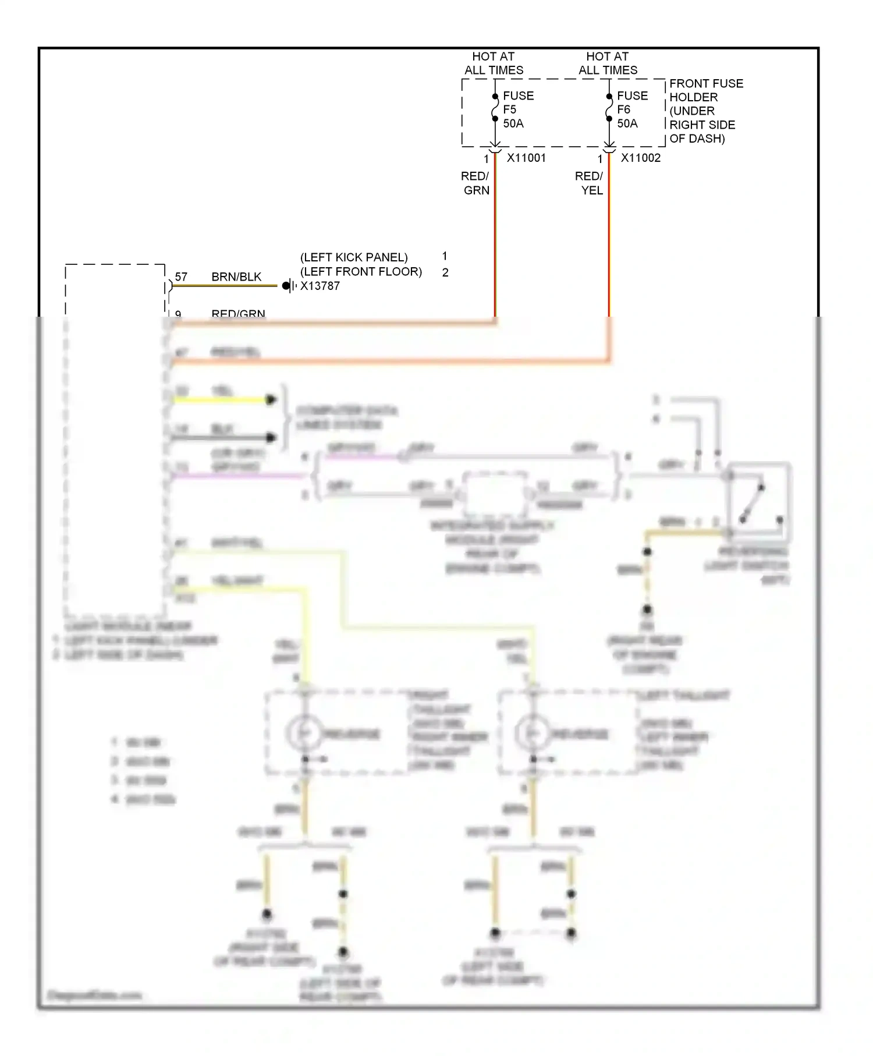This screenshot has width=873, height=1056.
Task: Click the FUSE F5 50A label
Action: click(x=517, y=109)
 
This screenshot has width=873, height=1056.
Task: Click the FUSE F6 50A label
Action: click(x=631, y=109)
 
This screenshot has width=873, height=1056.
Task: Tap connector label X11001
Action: click(x=526, y=158)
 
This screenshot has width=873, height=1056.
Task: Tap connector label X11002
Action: click(x=640, y=158)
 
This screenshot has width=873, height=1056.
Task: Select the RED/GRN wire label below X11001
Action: click(x=475, y=183)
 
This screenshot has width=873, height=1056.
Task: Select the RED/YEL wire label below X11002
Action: click(x=590, y=183)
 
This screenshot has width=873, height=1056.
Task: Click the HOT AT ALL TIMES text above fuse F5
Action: click(x=494, y=63)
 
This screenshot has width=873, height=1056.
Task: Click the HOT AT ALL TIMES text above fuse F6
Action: click(x=608, y=63)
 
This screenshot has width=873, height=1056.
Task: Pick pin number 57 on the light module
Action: click(x=181, y=277)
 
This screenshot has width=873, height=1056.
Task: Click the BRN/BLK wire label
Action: click(x=236, y=277)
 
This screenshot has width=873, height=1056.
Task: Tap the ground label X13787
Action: click(x=320, y=286)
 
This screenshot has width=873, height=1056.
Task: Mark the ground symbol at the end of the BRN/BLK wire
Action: click(x=289, y=286)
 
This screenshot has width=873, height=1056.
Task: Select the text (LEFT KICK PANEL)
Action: click(x=354, y=257)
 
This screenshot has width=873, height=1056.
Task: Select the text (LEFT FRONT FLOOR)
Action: click(x=361, y=272)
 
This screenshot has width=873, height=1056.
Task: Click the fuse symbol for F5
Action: click(x=495, y=108)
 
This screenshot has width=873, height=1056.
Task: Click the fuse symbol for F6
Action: click(x=609, y=108)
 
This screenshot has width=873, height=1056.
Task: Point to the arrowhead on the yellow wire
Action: click(x=271, y=400)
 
